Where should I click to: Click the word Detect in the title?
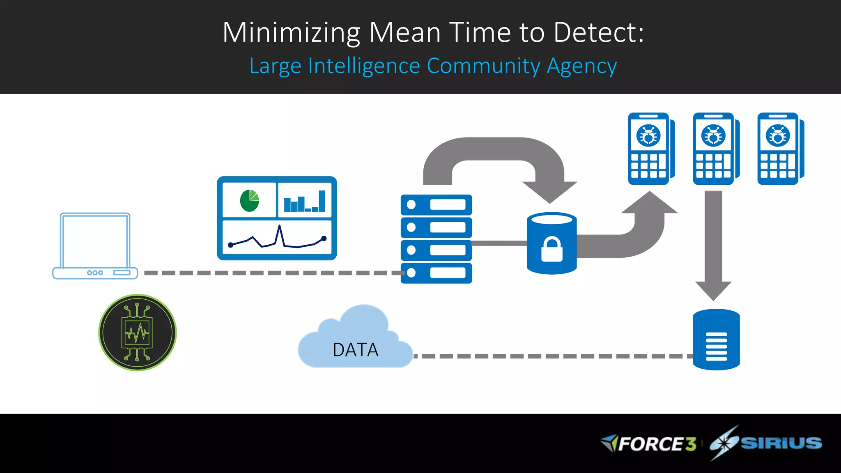click(599, 32)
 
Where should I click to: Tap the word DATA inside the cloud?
click(355, 350)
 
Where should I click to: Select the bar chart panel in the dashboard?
click(305, 200)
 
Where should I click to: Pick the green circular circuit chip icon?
click(138, 333)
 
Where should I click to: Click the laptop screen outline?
click(95, 241)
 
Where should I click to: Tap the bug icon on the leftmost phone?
click(648, 135)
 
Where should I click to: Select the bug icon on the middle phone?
click(713, 135)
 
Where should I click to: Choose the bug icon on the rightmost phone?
click(778, 135)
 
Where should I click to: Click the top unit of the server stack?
click(436, 204)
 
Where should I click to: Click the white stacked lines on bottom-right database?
click(716, 346)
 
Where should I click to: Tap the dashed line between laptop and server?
click(271, 273)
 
